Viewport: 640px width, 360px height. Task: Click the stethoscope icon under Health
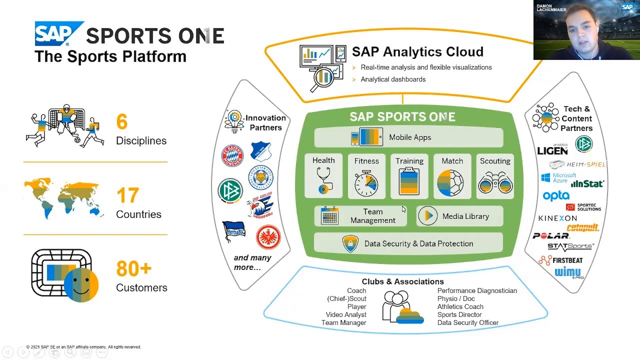pyautogui.click(x=323, y=181)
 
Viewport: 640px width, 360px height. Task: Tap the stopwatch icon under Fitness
pyautogui.click(x=366, y=182)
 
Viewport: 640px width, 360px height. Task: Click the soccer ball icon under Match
pyautogui.click(x=452, y=182)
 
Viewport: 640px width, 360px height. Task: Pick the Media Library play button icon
pyautogui.click(x=428, y=216)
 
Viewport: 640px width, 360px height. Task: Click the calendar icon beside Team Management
pyautogui.click(x=329, y=216)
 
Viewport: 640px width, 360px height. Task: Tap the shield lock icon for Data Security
pyautogui.click(x=350, y=243)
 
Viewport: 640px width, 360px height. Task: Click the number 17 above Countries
pyautogui.click(x=127, y=195)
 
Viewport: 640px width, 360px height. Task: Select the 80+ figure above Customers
pyautogui.click(x=133, y=269)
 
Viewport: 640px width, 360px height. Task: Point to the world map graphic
pyautogui.click(x=63, y=197)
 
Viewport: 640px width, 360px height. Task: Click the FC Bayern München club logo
pyautogui.click(x=232, y=156)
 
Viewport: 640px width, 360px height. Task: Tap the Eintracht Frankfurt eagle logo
pyautogui.click(x=268, y=237)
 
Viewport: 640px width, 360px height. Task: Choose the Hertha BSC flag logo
pyautogui.click(x=234, y=231)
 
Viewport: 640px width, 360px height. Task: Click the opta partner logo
pyautogui.click(x=556, y=196)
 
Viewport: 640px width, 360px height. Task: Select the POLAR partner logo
pyautogui.click(x=550, y=235)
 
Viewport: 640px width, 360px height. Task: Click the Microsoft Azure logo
pyautogui.click(x=558, y=177)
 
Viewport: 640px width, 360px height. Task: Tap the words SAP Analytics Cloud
pyautogui.click(x=417, y=52)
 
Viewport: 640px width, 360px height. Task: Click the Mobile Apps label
pyautogui.click(x=410, y=137)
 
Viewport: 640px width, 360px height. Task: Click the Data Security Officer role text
pyautogui.click(x=467, y=322)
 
